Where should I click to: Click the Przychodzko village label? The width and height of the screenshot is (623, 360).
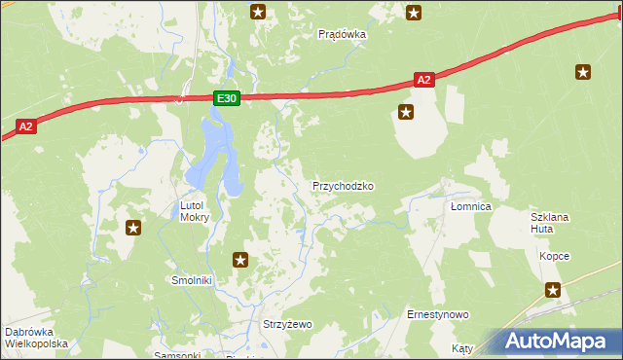point(343,186)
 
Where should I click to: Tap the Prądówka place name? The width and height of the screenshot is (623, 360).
point(342,34)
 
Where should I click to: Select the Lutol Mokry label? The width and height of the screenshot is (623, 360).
point(195,211)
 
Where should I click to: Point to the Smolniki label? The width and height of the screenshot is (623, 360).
point(192,280)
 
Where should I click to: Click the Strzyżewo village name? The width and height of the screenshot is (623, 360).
point(287,324)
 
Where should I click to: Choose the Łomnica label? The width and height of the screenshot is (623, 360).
point(470,207)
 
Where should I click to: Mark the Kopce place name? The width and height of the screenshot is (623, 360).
point(554,256)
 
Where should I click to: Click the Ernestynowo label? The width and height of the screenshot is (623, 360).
point(438,315)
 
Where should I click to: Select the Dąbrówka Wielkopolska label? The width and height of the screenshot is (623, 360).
point(36,338)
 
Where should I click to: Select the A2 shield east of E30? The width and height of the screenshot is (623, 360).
point(422,81)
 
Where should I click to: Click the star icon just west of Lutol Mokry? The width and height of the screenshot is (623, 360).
point(133,228)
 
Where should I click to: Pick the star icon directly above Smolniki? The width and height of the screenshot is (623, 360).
point(240,260)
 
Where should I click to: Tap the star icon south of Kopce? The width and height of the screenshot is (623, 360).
point(553,289)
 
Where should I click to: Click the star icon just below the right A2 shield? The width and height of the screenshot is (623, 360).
point(406,113)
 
